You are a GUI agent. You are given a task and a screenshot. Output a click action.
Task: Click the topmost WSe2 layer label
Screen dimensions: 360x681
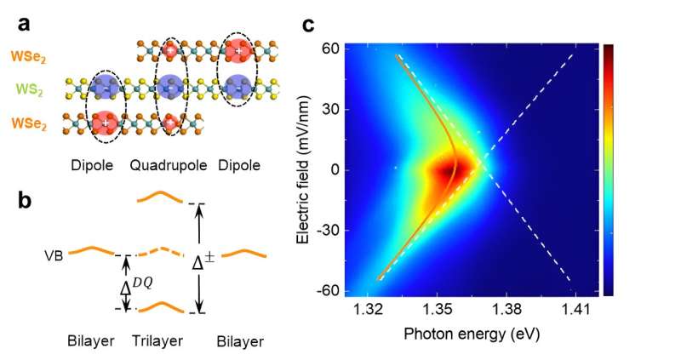pos(32,56)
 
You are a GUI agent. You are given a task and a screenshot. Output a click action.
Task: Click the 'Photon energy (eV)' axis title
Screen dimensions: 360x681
pos(472,333)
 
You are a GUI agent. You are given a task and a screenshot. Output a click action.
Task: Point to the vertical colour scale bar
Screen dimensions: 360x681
pos(608,169)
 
